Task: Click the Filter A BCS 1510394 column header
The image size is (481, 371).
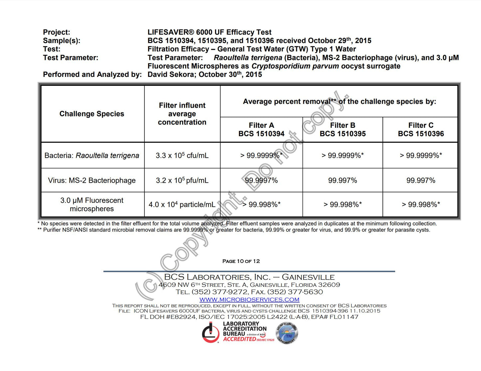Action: pyautogui.click(x=261, y=129)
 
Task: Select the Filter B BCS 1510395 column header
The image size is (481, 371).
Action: pyautogui.click(x=343, y=129)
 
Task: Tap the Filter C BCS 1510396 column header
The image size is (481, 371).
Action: pyautogui.click(x=421, y=129)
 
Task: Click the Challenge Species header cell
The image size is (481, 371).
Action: pyautogui.click(x=92, y=114)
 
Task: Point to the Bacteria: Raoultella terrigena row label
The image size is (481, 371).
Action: pyautogui.click(x=92, y=155)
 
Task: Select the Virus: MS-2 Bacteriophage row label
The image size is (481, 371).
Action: pyautogui.click(x=92, y=180)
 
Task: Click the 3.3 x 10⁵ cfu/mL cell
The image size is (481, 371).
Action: pyautogui.click(x=182, y=155)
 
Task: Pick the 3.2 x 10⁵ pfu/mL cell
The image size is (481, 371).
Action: pyautogui.click(x=182, y=180)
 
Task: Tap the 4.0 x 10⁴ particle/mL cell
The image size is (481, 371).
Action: pyautogui.click(x=182, y=204)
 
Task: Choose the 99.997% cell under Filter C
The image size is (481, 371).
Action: pyautogui.click(x=421, y=180)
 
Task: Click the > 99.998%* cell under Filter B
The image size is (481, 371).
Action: pyautogui.click(x=343, y=204)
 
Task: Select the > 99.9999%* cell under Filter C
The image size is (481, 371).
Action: pyautogui.click(x=421, y=155)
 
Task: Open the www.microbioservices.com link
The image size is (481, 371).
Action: pyautogui.click(x=249, y=299)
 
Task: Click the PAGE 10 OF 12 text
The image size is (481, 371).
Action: pyautogui.click(x=241, y=261)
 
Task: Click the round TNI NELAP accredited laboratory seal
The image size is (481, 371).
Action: pyautogui.click(x=287, y=333)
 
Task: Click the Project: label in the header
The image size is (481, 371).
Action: pyautogui.click(x=57, y=32)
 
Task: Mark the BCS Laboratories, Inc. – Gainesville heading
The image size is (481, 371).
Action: pyautogui.click(x=249, y=277)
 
